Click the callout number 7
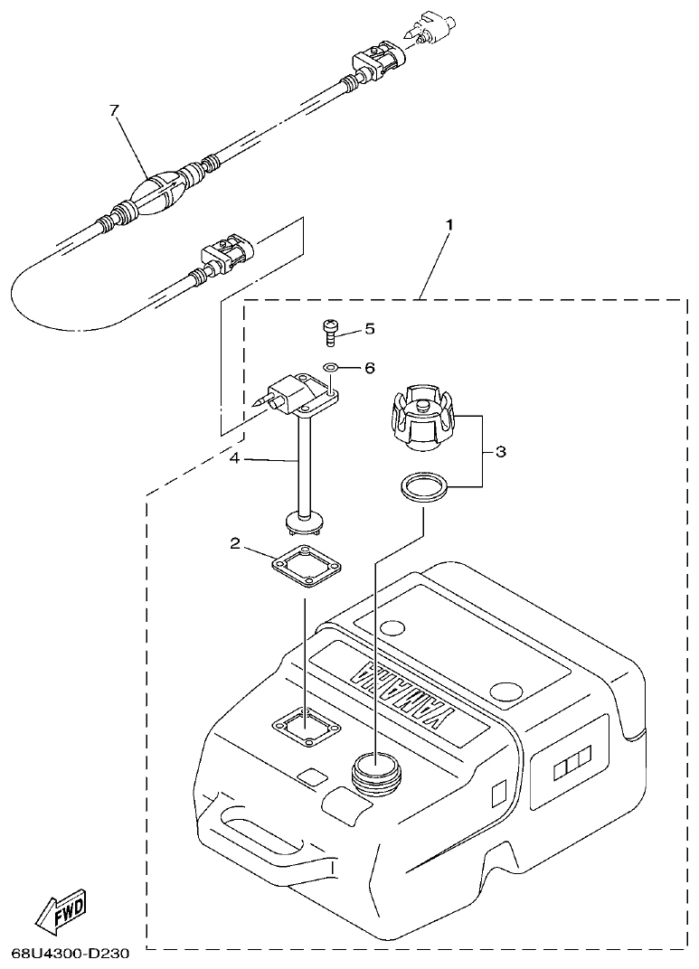coord(114,111)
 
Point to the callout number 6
coord(369,368)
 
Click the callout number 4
coord(233,459)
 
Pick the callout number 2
coord(234,543)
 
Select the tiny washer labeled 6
coord(332,368)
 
